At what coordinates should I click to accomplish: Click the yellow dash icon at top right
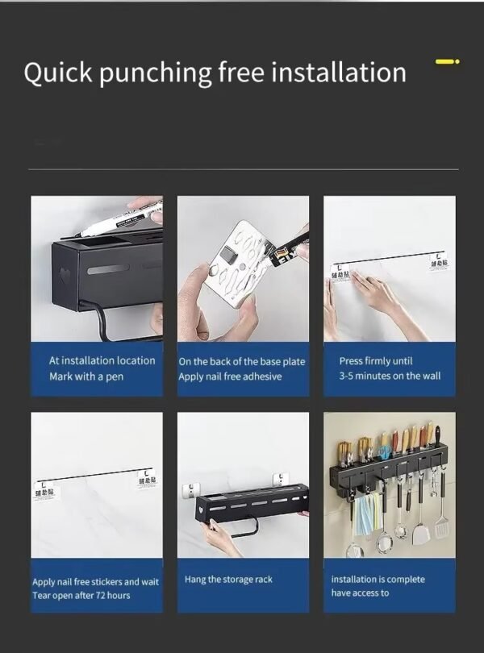tap(447, 60)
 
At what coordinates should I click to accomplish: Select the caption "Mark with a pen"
tap(86, 376)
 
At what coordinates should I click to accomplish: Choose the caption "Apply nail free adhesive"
tap(230, 376)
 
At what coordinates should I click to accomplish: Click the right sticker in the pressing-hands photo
tap(439, 264)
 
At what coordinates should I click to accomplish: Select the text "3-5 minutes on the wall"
tap(390, 376)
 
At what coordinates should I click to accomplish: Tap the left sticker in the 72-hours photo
tap(45, 488)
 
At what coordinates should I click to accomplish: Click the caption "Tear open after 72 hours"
tap(81, 595)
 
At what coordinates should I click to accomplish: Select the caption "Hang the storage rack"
tap(228, 580)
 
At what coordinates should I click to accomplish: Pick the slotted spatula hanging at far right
tap(442, 524)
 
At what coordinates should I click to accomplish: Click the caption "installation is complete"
tap(378, 579)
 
